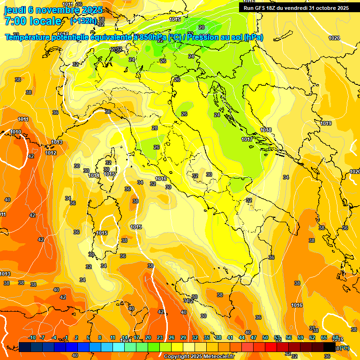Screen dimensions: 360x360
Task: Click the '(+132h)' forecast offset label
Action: [83, 21]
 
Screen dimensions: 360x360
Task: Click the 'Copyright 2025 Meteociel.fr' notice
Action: [199, 356]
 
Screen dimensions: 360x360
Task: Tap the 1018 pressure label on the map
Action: [266, 130]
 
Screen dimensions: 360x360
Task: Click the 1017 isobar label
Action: [247, 139]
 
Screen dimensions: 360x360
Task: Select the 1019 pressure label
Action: [326, 123]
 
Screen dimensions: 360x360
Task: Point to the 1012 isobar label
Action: [51, 153]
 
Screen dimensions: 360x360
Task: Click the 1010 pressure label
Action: [16, 132]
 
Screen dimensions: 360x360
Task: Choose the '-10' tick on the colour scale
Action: [32, 337]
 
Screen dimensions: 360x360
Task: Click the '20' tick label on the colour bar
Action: [148, 337]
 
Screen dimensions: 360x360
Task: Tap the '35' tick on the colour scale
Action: [207, 337]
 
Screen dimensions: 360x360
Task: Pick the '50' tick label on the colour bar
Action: [265, 337]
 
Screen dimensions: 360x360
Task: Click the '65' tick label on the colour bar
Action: [324, 337]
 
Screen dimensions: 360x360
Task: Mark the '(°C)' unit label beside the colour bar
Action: [345, 348]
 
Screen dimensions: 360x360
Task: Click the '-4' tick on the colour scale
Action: [54, 337]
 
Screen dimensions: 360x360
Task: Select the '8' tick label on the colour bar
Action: [99, 337]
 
